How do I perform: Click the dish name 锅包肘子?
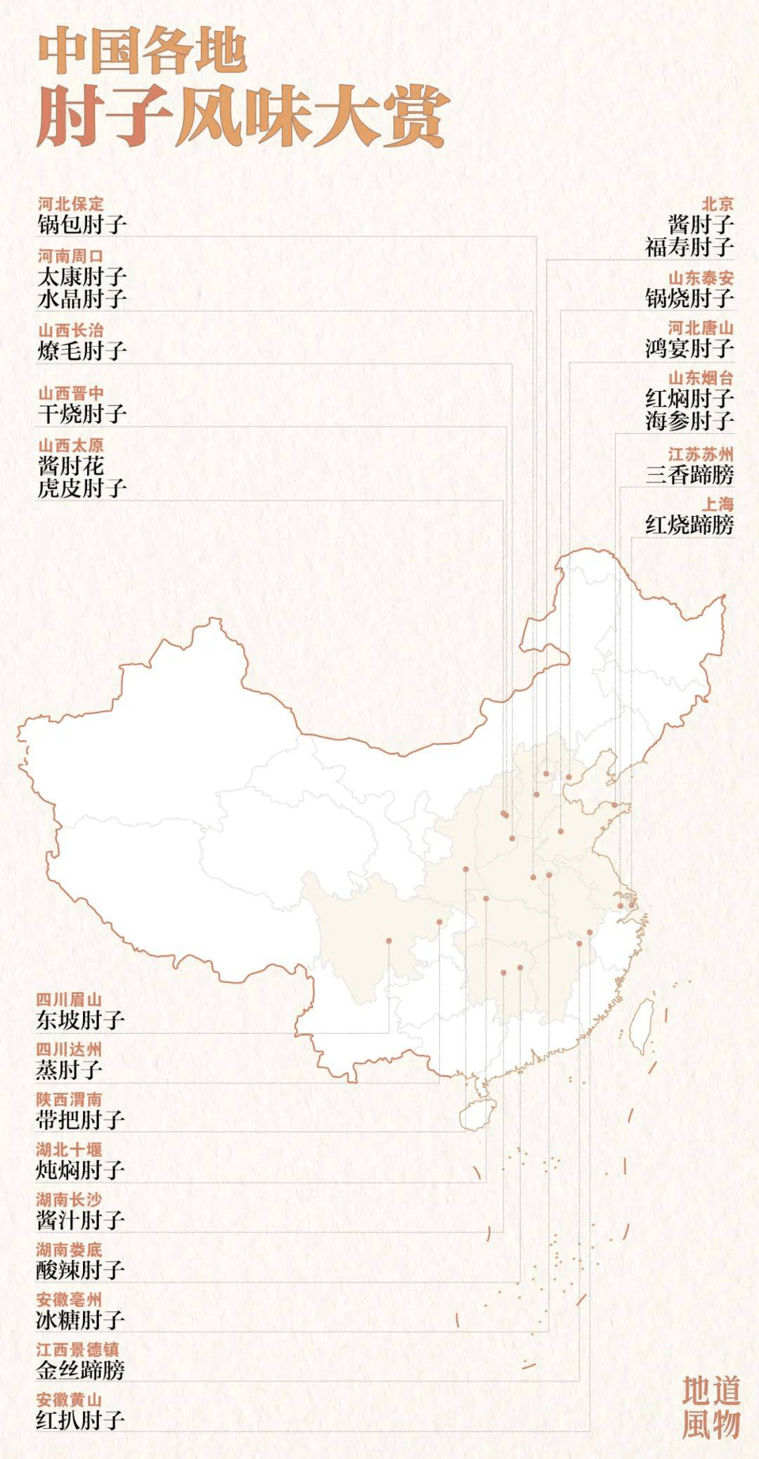point(82,225)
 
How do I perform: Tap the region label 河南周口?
point(70,255)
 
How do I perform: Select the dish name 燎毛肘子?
point(82,349)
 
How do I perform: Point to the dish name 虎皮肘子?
point(82,487)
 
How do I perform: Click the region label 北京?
point(718,204)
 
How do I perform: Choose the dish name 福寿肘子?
point(689,247)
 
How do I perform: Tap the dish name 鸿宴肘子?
point(689,348)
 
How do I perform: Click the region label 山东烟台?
point(700,378)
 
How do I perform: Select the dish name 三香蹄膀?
point(689,475)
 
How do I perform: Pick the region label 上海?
point(717,504)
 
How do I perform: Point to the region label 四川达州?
point(69,1050)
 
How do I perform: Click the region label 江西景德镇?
point(77,1349)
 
